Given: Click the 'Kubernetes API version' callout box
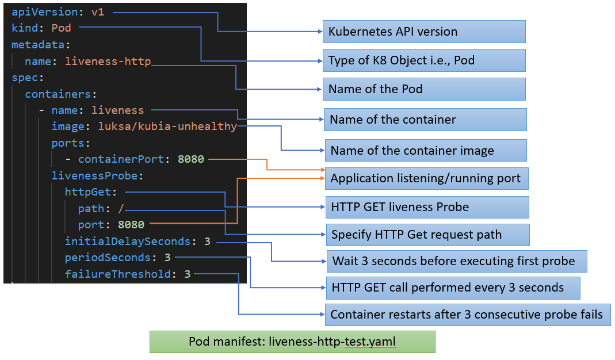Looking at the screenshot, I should click(x=423, y=32).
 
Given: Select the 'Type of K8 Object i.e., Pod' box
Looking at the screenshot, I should click(x=423, y=60).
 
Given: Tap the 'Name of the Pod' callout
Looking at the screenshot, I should click(x=423, y=89).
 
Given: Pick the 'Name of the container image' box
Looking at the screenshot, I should click(x=426, y=151).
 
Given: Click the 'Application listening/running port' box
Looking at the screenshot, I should click(x=426, y=178).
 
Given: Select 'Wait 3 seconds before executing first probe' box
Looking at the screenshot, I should click(x=456, y=261).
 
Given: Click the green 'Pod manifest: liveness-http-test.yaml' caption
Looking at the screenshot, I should click(x=292, y=342).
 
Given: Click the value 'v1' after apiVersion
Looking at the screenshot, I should click(x=98, y=12).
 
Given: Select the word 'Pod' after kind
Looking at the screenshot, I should click(x=62, y=28).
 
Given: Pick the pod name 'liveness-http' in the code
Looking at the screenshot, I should click(x=108, y=61).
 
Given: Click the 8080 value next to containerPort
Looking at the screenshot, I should click(x=190, y=159).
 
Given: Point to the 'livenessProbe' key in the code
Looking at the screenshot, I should click(x=97, y=175).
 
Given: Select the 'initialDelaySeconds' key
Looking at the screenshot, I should click(x=128, y=242).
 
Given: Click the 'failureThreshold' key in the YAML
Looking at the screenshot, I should click(x=118, y=274).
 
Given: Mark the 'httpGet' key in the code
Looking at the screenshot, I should click(x=90, y=192).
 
